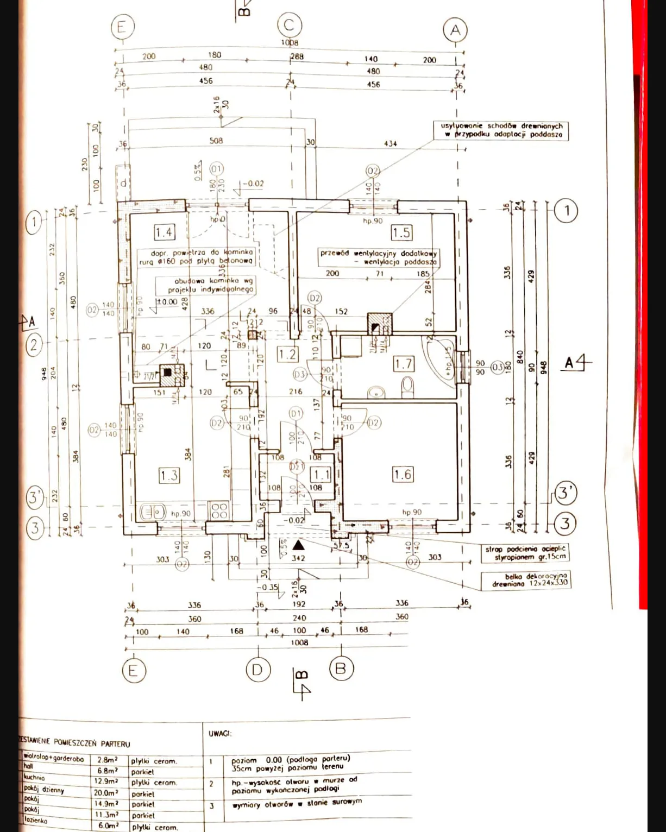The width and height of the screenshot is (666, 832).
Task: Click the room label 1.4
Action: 164,232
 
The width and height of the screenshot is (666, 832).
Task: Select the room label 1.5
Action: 401,232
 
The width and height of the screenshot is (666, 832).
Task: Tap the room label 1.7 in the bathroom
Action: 404,363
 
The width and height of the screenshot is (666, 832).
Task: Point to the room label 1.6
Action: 403,474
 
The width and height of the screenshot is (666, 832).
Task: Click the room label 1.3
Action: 169,475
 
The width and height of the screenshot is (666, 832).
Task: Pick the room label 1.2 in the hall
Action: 287,354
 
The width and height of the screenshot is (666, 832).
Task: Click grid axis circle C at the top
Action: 289,25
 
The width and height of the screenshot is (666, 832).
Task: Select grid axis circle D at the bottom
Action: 257,670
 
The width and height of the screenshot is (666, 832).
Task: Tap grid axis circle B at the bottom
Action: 341,668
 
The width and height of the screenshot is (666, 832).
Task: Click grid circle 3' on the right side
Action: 565,493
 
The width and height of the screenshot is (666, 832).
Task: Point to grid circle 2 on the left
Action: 34,344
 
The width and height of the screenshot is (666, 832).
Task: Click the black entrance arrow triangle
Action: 298,545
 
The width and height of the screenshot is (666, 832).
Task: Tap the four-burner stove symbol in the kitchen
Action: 219,510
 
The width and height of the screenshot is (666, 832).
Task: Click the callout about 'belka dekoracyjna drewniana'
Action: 525,580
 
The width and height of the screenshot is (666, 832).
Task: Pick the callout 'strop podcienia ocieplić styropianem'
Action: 525,553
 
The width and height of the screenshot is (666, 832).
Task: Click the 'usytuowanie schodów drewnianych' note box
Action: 501,130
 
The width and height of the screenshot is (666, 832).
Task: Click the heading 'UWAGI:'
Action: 220,733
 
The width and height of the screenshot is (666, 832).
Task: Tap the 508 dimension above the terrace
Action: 216,141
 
